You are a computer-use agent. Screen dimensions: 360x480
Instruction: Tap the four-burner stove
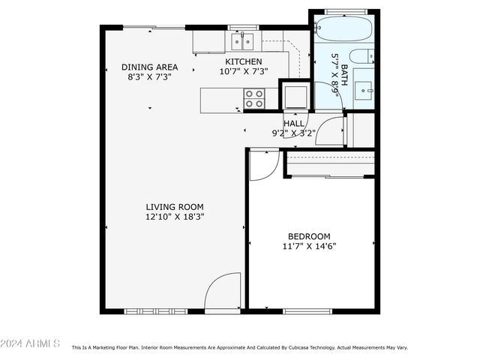253,98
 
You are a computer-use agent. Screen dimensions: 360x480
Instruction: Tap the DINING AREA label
149,67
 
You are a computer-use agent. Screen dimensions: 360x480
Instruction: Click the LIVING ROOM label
174,207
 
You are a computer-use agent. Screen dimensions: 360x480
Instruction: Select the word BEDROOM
308,236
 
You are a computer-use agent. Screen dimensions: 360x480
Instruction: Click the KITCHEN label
244,61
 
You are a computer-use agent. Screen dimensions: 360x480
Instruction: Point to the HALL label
294,123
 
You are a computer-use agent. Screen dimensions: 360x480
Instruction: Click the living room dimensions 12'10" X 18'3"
174,217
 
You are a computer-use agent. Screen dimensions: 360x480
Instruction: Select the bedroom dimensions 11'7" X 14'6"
308,246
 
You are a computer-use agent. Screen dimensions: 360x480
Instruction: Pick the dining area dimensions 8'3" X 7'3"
149,76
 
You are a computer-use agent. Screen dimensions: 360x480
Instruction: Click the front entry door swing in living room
223,292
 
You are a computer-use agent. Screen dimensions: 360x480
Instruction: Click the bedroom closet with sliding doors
329,164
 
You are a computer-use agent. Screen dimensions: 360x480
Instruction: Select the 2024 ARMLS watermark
30,343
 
